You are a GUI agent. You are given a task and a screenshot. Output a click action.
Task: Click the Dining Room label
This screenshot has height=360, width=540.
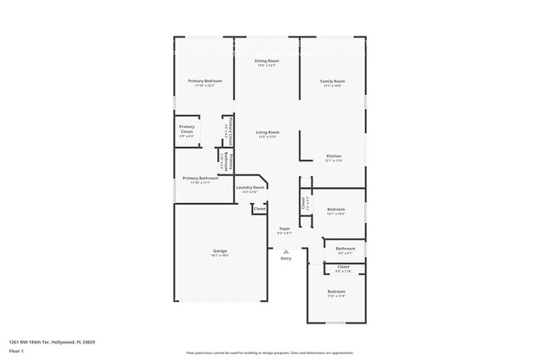(x=267, y=61)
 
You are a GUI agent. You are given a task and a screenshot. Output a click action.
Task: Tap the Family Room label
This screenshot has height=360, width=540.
(x=333, y=81)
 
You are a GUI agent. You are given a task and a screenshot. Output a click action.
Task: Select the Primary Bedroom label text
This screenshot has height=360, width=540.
(x=204, y=81)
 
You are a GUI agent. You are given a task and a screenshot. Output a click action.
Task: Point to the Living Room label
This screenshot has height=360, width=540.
(x=267, y=132)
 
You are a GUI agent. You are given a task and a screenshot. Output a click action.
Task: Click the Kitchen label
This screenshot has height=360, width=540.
(x=333, y=155)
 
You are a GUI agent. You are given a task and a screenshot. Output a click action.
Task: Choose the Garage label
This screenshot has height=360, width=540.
(x=220, y=250)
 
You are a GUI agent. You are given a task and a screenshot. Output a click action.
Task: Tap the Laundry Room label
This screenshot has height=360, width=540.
(x=250, y=187)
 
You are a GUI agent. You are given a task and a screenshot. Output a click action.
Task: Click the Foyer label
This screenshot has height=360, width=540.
(x=284, y=228)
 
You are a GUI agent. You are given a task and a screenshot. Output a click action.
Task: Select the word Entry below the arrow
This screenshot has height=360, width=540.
(x=286, y=259)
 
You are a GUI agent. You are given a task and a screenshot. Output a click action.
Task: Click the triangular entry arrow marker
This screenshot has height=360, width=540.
(x=286, y=251)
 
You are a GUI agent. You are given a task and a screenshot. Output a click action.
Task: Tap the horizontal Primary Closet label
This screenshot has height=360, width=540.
(x=187, y=129)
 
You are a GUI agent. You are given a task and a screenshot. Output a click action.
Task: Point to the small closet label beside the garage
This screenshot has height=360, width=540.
(x=259, y=209)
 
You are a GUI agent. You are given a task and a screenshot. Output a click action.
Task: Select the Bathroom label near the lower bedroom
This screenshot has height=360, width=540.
(x=345, y=248)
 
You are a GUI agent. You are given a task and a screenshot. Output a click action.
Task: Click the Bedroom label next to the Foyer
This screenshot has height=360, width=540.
(x=336, y=209)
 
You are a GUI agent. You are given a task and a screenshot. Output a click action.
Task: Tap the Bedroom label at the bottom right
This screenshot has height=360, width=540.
(x=336, y=291)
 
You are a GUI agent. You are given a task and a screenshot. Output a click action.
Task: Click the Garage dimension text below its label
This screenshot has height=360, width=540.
(x=220, y=255)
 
